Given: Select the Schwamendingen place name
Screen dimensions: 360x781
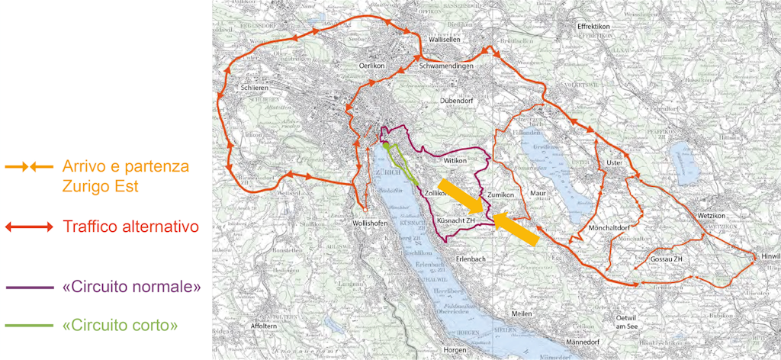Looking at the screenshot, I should pos(446,66).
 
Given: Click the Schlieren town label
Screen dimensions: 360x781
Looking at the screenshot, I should pos(256,88).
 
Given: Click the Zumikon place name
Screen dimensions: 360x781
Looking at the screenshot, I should pos(501,195).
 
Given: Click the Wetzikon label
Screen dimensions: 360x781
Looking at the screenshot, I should pos(715,217).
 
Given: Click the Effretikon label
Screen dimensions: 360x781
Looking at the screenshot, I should pos(594,26).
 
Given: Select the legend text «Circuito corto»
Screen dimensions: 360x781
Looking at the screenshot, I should pos(120,326).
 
